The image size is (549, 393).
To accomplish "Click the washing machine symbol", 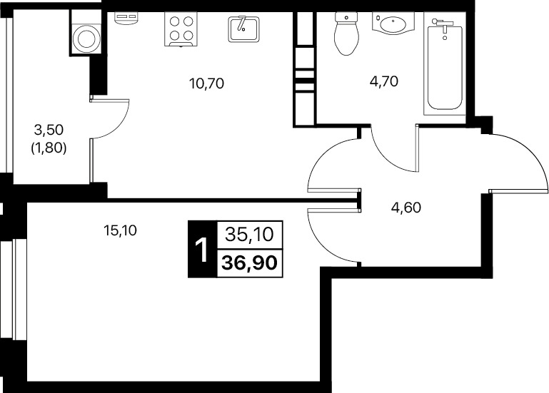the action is tap(85, 38).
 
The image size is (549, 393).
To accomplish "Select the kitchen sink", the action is tap(243, 29).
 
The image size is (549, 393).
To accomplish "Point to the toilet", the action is tap(347, 34).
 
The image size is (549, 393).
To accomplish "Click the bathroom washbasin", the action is tap(393, 24).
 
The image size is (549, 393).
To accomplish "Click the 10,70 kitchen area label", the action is tap(206, 83).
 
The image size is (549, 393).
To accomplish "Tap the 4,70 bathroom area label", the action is tap(384, 81).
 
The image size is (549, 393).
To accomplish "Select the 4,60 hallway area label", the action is tap(406, 208).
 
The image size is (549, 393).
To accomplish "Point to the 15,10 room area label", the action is tap(120, 230).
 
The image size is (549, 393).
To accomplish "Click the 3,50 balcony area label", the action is tap(49, 130).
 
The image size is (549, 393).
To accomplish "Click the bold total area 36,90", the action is tap(250, 262).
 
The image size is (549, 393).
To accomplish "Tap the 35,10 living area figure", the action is tap(249, 234).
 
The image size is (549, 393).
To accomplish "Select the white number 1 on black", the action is tap(202, 250).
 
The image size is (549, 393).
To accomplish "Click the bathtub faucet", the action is tap(442, 24).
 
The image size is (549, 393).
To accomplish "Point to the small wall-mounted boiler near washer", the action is tap(126, 18).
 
